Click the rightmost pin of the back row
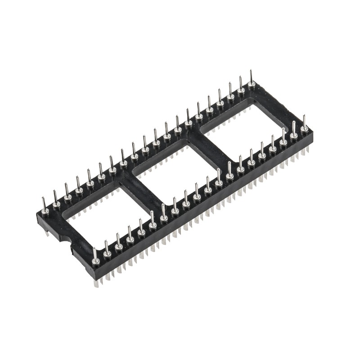[x=251, y=83]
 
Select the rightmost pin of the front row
[x=305, y=128]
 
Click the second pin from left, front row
[x=107, y=254]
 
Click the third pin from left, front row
[x=118, y=247]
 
